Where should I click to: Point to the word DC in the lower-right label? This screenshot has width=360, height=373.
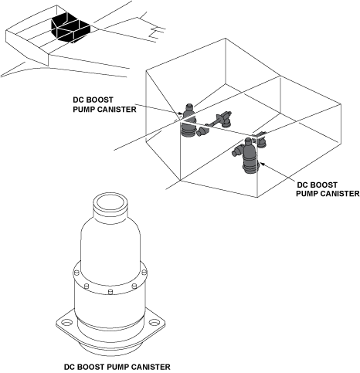(302, 185)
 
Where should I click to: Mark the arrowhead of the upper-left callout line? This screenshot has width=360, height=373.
(181, 114)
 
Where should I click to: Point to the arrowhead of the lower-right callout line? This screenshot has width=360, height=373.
(262, 164)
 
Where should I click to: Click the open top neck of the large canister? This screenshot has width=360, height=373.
(110, 202)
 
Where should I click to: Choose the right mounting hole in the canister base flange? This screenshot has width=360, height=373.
(155, 322)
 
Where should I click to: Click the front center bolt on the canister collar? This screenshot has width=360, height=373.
(110, 292)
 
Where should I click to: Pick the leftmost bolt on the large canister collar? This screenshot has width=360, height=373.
(76, 273)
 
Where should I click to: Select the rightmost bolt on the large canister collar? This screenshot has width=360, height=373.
(144, 272)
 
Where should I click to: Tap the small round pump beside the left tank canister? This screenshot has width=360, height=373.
(202, 131)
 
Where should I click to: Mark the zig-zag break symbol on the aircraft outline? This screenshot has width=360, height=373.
(157, 32)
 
